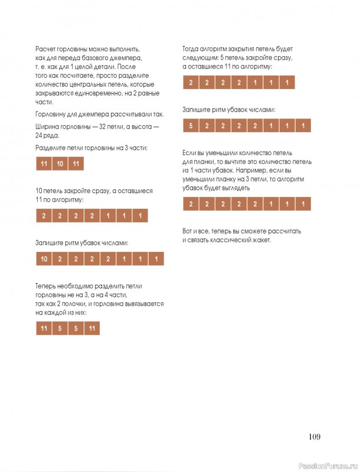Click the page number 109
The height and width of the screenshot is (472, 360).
pyautogui.click(x=314, y=437)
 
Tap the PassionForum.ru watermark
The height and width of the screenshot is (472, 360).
pyautogui.click(x=328, y=465)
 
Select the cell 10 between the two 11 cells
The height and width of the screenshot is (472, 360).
pyautogui.click(x=60, y=164)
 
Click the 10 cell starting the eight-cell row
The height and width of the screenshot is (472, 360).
pyautogui.click(x=44, y=259)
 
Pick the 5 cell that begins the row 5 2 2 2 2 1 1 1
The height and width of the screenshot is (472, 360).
pyautogui.click(x=191, y=126)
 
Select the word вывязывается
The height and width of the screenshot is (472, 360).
pyautogui.click(x=142, y=303)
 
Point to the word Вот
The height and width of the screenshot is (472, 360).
pyautogui.click(x=189, y=231)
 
